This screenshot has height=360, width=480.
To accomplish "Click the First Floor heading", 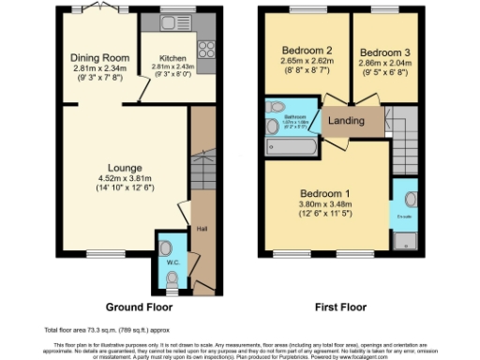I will (340, 307).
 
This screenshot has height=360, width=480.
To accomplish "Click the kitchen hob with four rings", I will (206, 49).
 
